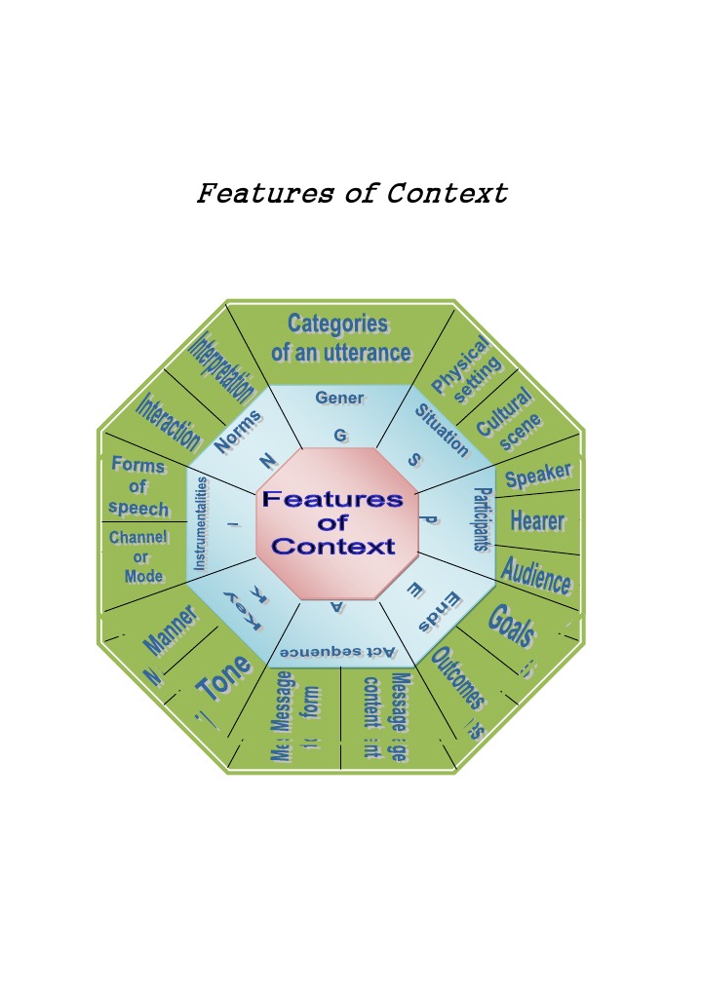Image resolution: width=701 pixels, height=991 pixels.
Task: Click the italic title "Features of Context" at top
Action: tap(352, 193)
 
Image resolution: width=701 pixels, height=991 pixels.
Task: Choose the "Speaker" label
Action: tap(538, 476)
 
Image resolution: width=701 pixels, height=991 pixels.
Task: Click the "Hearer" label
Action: tap(537, 520)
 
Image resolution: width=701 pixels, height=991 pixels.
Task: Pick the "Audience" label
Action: tap(535, 575)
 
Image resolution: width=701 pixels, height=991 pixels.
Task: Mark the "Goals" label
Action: tap(512, 625)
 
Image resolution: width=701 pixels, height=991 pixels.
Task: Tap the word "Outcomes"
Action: tap(457, 678)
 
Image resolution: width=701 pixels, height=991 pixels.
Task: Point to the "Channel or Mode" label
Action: tap(139, 556)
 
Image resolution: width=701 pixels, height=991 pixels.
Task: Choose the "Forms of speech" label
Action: tap(137, 485)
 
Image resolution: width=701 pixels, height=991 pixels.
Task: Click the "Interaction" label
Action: tap(168, 422)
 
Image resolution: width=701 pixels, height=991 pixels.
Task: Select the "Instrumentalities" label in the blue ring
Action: tap(201, 523)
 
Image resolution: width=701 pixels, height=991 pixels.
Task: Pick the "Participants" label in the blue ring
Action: tap(480, 519)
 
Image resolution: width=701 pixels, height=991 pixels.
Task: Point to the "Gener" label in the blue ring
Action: tap(339, 398)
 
